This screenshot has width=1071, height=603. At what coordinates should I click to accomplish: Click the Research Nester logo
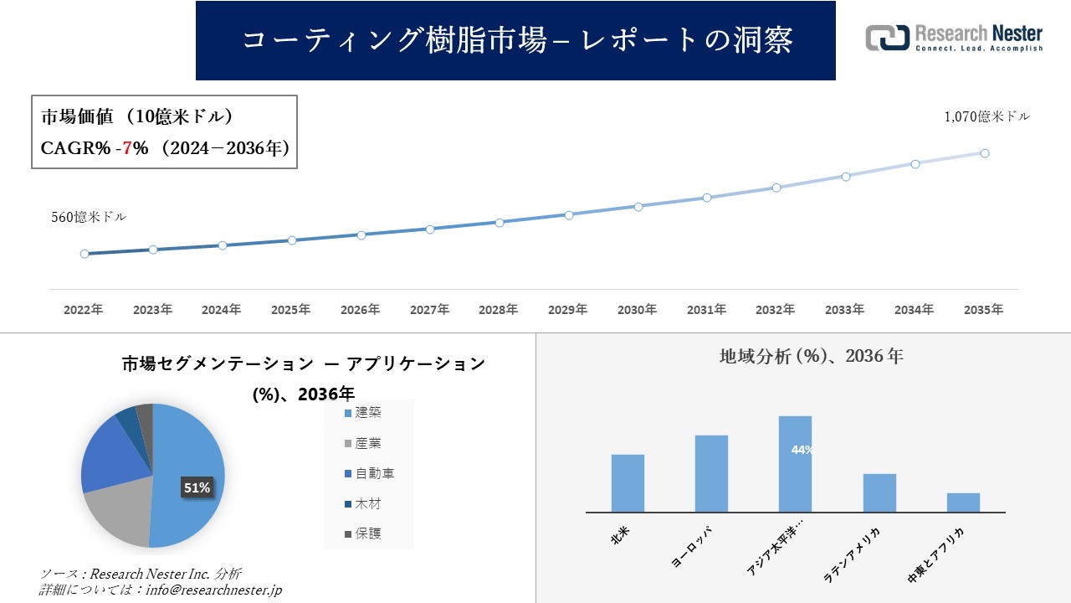tap(954, 39)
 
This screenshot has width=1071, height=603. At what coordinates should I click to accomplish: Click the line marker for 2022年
tap(85, 254)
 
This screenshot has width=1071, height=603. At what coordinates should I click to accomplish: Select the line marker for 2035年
tap(985, 153)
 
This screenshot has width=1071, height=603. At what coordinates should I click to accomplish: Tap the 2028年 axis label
tap(499, 310)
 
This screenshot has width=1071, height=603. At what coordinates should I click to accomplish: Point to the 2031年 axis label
tap(706, 310)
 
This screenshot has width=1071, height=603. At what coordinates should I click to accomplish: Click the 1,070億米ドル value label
tap(986, 117)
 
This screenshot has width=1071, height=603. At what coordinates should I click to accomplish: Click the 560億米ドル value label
tap(89, 217)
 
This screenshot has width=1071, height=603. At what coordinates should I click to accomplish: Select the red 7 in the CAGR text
tap(126, 148)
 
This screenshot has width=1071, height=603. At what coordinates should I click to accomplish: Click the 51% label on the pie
tap(197, 487)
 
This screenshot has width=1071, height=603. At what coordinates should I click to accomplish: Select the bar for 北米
tap(628, 483)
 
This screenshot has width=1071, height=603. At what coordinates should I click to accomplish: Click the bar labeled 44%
tap(795, 464)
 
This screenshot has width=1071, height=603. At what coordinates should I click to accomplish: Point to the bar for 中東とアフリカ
tap(963, 502)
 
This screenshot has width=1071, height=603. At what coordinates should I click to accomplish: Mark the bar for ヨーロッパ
tap(711, 473)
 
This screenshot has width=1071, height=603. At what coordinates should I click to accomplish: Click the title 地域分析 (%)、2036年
tap(811, 356)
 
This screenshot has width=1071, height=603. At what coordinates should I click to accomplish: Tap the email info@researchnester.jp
tap(213, 590)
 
